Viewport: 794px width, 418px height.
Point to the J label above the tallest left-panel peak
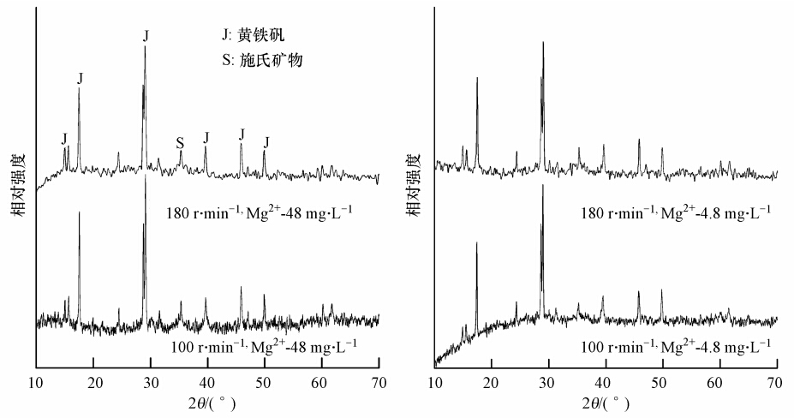(146, 35)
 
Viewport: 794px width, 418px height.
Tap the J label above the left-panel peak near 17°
(80, 78)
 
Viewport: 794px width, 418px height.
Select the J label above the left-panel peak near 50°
(266, 141)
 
